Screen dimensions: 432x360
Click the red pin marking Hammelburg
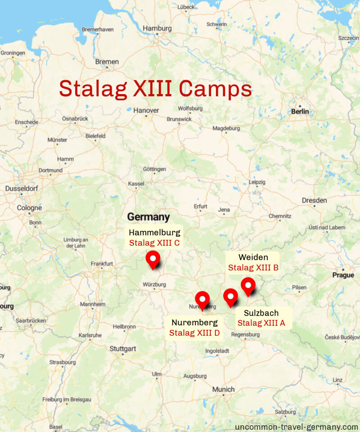[153, 260]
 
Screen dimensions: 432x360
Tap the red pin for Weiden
[248, 286]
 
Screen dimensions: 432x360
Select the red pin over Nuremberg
[202, 300]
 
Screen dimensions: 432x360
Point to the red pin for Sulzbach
[230, 297]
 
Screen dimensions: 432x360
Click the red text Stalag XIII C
[154, 243]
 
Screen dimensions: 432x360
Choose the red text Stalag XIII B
[253, 268]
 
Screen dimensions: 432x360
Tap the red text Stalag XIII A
[261, 323]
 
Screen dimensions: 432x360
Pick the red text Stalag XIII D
[194, 333]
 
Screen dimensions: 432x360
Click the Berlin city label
[300, 111]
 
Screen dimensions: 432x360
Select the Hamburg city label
[157, 28]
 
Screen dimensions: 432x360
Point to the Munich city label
[224, 389]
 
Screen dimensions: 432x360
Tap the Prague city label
[343, 275]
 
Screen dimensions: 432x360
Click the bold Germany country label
[148, 217]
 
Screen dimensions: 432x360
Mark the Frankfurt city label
[102, 264]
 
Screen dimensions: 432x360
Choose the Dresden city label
[315, 200]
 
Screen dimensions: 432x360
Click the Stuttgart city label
[123, 349]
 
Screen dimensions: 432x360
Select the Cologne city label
[29, 208]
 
